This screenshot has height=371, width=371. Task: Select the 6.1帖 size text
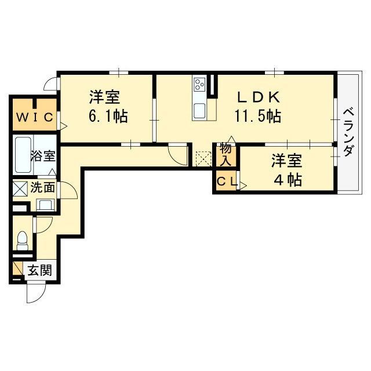[x=108, y=116]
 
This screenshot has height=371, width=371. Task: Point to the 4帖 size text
[x=288, y=180]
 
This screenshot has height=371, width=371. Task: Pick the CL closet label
[x=226, y=182]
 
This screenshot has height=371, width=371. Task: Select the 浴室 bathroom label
[x=43, y=155]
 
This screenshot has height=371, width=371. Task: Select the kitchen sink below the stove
[x=200, y=110]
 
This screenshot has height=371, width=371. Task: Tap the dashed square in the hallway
[x=203, y=158]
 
